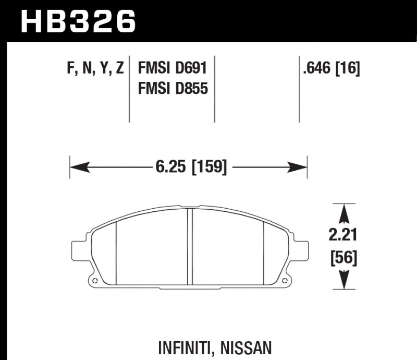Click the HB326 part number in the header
tap(78, 22)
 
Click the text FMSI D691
tap(173, 68)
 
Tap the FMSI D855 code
tap(173, 89)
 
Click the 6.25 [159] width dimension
tap(191, 167)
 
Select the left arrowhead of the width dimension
tap(78, 167)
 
